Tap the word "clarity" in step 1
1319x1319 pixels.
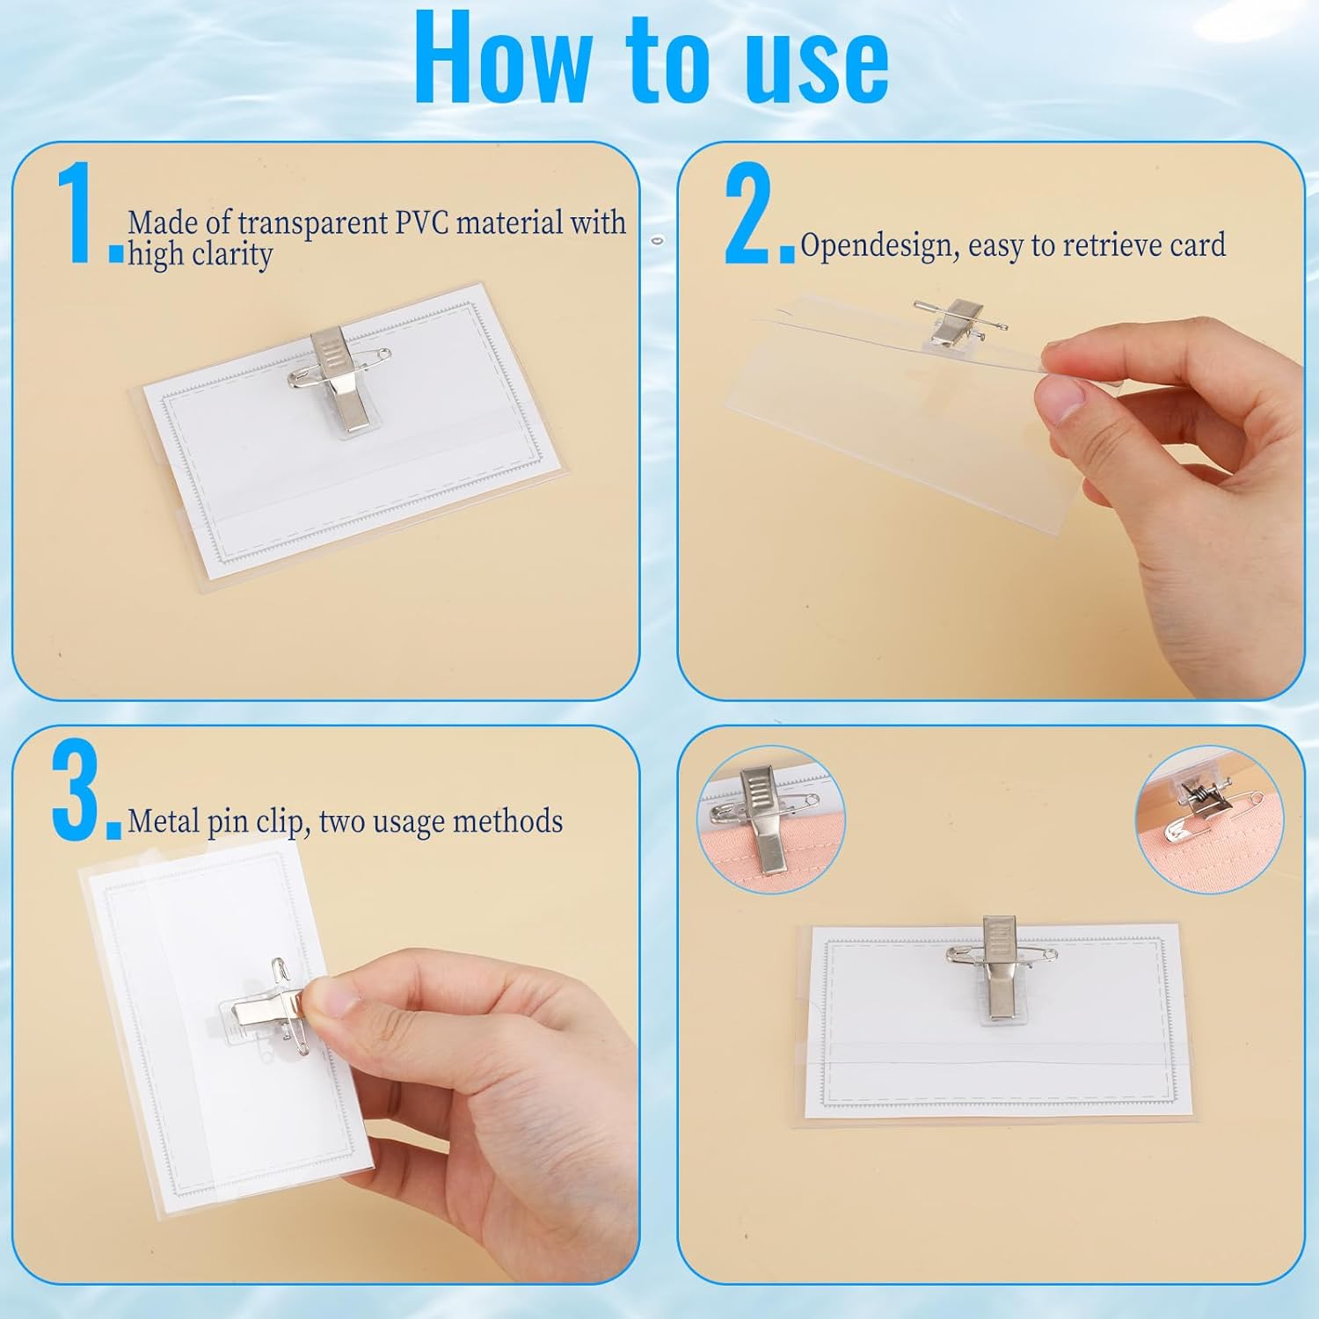coord(232,255)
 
